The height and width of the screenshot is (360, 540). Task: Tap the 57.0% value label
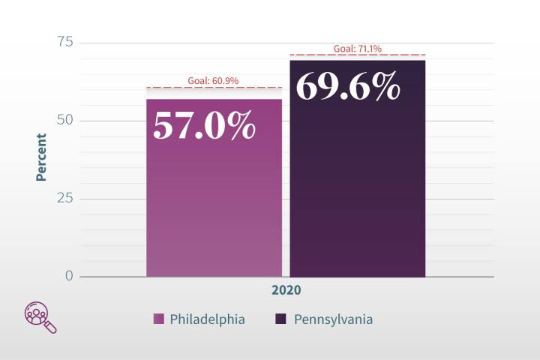(x=205, y=124)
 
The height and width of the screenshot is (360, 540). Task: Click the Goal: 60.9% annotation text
(x=214, y=81)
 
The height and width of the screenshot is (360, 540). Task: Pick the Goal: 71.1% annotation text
(x=358, y=49)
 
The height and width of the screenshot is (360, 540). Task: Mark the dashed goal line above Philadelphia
(x=214, y=88)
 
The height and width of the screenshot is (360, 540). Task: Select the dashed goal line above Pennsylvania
(x=357, y=55)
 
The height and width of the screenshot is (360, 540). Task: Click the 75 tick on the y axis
(x=65, y=42)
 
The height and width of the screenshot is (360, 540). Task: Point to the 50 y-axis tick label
(x=65, y=120)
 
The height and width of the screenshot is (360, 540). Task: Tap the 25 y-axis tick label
(x=65, y=198)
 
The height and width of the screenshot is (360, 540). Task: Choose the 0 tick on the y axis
(x=69, y=276)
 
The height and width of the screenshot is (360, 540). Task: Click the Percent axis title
(x=42, y=157)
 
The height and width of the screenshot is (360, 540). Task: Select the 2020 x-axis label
(x=286, y=290)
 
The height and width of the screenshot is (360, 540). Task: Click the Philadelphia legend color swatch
(x=159, y=319)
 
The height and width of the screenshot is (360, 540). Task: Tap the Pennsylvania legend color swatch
(x=281, y=319)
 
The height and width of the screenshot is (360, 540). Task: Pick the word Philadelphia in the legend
(x=207, y=319)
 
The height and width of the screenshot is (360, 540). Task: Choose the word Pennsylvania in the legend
(x=333, y=319)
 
